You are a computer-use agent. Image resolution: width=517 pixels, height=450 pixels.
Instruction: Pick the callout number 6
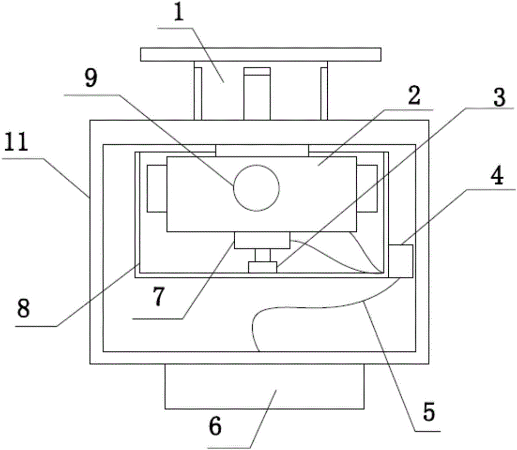coord(215,427)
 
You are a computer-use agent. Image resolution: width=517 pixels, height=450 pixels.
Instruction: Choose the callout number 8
coord(24,309)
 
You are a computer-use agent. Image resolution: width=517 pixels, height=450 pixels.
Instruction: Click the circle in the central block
coord(256,188)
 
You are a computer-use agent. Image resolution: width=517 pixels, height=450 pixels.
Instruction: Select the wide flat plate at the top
coord(261,54)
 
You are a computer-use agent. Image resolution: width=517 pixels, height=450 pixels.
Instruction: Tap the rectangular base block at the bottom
coord(264,386)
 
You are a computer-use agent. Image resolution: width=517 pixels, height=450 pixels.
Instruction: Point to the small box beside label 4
coord(401,261)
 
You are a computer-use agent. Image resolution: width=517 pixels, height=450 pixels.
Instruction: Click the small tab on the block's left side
coord(157,188)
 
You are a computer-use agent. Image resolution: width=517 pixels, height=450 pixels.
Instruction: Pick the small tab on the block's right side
coord(367,188)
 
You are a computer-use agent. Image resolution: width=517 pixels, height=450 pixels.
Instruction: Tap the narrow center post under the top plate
coord(257,94)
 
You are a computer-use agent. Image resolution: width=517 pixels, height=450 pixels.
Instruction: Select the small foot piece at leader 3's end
coord(263,267)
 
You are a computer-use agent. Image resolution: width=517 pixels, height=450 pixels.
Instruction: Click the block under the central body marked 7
coord(262,240)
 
